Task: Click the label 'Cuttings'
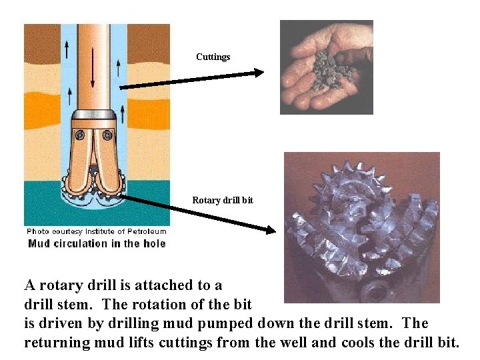[x=213, y=57]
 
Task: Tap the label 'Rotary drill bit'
[x=223, y=200]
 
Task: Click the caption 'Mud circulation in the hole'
[x=97, y=243]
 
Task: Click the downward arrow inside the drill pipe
[x=93, y=67]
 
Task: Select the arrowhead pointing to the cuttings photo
[x=259, y=73]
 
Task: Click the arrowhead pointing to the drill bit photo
[x=271, y=230]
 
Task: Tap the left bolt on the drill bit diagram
[x=80, y=135]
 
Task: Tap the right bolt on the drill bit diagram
[x=107, y=135]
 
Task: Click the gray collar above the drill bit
[x=94, y=115]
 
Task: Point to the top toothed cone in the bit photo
[x=355, y=184]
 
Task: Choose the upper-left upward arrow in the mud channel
[x=67, y=49]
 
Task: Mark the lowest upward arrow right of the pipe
[x=123, y=114]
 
